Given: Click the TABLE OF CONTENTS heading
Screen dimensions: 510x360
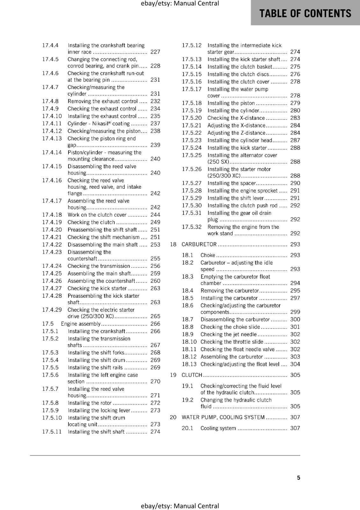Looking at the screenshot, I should click(305, 13).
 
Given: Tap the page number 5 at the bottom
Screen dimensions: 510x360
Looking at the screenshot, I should click(299, 477).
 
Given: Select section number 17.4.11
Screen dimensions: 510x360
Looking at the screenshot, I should click(52, 124).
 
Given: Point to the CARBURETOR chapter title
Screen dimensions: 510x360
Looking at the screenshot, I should click(199, 244).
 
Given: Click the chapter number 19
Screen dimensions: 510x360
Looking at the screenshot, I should click(173, 375).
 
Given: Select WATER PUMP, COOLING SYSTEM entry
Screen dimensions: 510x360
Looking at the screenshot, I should click(223, 417).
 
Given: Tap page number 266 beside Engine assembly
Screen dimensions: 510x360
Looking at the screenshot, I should click(155, 324).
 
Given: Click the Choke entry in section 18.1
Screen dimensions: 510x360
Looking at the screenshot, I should click(208, 255).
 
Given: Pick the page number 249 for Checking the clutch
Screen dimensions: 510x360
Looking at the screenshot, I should click(155, 222).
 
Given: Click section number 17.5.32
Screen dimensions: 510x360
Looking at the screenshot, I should click(192, 227).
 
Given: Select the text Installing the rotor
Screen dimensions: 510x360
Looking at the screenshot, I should click(90, 403).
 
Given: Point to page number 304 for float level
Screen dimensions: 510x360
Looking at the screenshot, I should click(295, 364).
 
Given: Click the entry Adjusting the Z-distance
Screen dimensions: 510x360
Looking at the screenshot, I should click(236, 133).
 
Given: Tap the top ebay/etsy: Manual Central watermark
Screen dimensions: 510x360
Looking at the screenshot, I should click(180, 4).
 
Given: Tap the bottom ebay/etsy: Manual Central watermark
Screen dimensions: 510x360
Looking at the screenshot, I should click(180, 506).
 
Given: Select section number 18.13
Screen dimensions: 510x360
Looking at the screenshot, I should click(189, 364).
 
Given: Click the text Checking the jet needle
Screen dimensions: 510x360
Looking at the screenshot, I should click(228, 334).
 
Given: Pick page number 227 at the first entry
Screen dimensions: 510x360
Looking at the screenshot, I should click(155, 52).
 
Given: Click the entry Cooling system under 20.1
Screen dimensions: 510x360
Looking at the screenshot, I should click(218, 428).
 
